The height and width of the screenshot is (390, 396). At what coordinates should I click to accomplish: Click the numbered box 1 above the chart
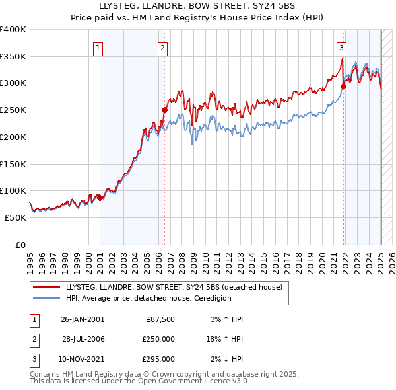coord(98,47)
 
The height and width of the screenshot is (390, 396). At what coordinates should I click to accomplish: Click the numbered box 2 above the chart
coord(162,47)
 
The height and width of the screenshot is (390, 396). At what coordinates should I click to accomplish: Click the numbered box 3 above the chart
coord(341,47)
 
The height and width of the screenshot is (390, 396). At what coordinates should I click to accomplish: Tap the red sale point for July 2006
coord(164,110)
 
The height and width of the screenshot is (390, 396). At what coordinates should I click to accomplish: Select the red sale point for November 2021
coord(344,85)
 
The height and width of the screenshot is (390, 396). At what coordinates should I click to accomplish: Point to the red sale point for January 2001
coord(100,197)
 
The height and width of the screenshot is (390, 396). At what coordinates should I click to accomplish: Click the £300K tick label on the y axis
coord(13,83)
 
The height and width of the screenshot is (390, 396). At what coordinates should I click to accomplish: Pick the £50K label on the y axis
coord(16,217)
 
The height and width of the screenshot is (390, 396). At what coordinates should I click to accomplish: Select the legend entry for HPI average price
coord(148,298)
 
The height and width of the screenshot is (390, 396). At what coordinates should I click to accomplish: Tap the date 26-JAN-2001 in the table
coord(82,319)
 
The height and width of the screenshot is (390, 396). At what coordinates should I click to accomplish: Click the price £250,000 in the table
coord(159,339)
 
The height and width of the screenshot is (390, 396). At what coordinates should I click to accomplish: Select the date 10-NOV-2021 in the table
coord(82,359)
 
